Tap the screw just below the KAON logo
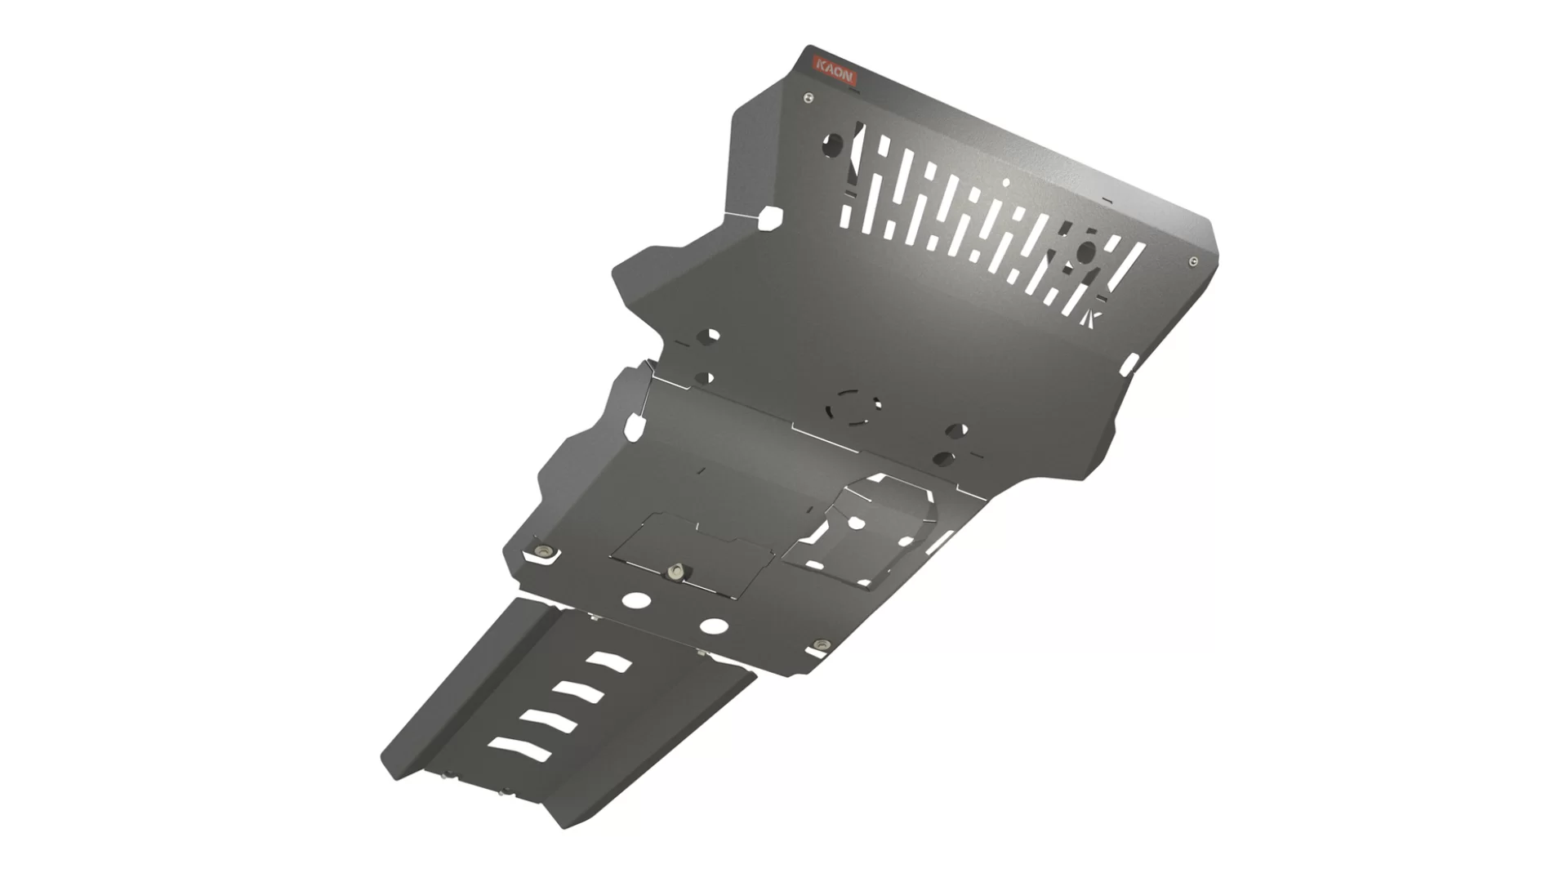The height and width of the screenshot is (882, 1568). click(808, 97)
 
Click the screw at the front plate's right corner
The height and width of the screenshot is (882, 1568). click(1193, 261)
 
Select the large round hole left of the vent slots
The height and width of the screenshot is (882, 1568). click(832, 145)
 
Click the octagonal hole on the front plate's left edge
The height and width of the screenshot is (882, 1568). click(770, 217)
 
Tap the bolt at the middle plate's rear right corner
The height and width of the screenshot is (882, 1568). click(820, 647)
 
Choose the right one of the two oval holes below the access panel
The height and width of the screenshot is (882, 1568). click(715, 626)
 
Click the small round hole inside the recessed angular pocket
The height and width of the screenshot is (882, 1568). click(856, 521)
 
